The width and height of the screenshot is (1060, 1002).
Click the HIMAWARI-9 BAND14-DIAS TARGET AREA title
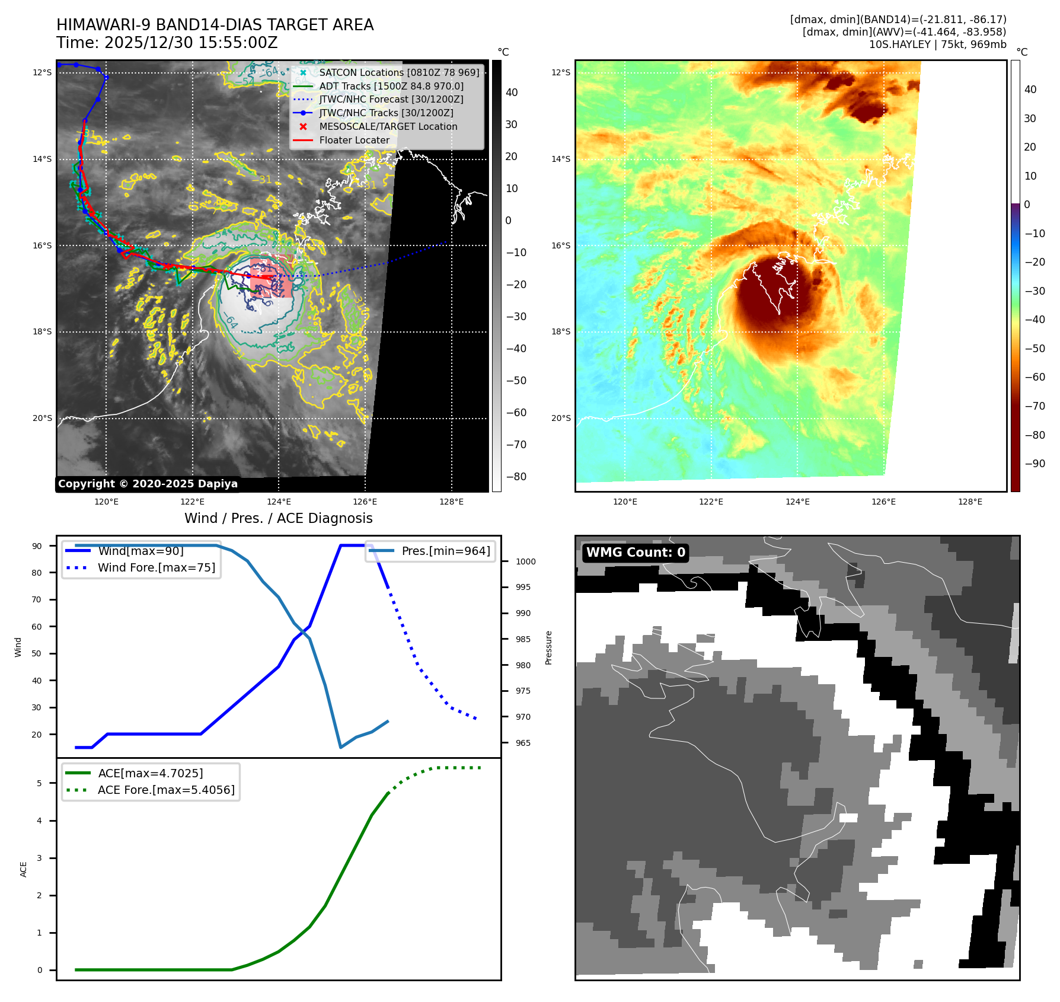click(215, 25)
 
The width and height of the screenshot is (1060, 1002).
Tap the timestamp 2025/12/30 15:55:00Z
click(167, 43)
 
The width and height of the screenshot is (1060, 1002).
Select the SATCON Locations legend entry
click(399, 72)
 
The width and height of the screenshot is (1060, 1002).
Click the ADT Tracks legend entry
click(391, 86)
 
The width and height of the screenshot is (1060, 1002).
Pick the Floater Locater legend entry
click(354, 141)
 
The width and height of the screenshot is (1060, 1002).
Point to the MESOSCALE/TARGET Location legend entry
click(388, 126)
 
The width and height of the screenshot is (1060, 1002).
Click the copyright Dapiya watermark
click(148, 484)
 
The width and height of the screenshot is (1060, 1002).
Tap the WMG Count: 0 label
click(636, 553)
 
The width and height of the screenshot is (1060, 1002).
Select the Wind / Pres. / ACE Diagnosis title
click(278, 518)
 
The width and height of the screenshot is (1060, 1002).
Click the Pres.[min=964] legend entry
click(445, 551)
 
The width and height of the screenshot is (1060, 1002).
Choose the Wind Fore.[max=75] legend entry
click(156, 567)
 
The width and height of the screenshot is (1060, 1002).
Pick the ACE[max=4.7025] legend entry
click(150, 773)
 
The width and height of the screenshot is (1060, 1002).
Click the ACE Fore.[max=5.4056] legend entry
click(166, 790)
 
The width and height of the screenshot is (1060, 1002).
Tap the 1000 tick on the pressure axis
click(525, 561)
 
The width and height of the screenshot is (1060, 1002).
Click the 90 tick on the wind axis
click(37, 546)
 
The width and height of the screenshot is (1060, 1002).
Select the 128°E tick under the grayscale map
click(451, 502)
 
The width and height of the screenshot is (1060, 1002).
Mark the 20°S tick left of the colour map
click(561, 418)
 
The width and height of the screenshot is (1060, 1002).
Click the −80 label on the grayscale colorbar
click(516, 477)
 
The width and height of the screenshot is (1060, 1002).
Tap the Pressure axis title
click(548, 647)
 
